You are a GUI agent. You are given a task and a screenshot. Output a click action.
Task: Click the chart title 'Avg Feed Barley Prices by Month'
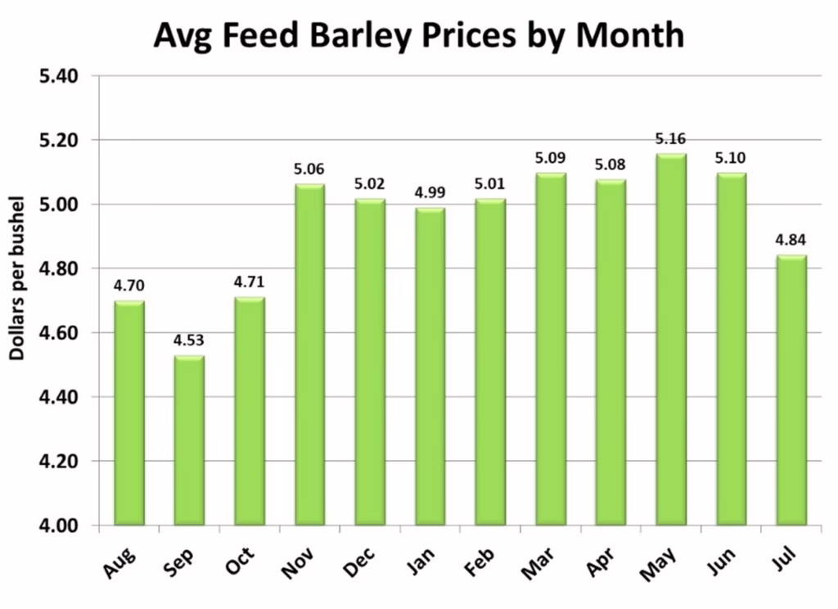[418, 34]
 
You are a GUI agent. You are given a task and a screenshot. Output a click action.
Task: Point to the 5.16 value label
[671, 139]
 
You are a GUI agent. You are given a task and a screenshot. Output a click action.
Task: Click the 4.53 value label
[189, 341]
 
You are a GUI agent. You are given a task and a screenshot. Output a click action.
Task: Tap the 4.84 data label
[791, 241]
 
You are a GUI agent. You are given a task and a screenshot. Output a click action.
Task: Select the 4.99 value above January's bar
[430, 193]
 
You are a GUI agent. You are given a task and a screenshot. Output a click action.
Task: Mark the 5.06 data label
[309, 169]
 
